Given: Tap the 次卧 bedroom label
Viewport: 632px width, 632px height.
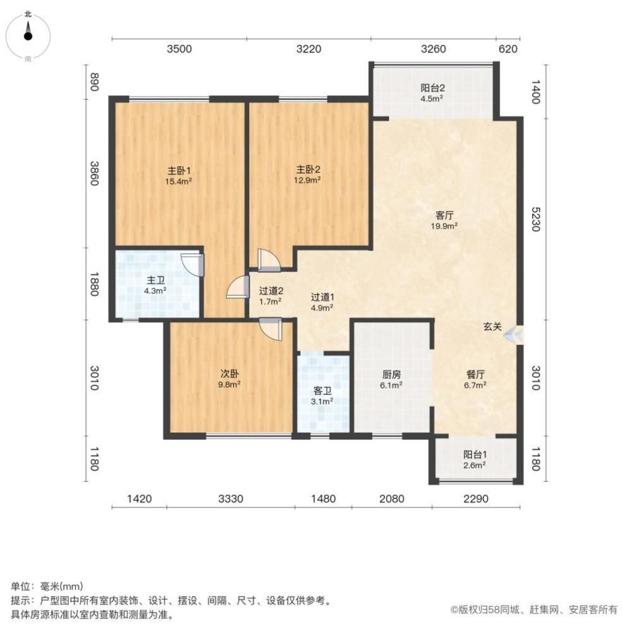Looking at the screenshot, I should pyautogui.click(x=229, y=378).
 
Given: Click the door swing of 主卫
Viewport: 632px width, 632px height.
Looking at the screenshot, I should pyautogui.click(x=191, y=264).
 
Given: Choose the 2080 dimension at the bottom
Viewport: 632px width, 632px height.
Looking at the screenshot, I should pyautogui.click(x=392, y=499).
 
